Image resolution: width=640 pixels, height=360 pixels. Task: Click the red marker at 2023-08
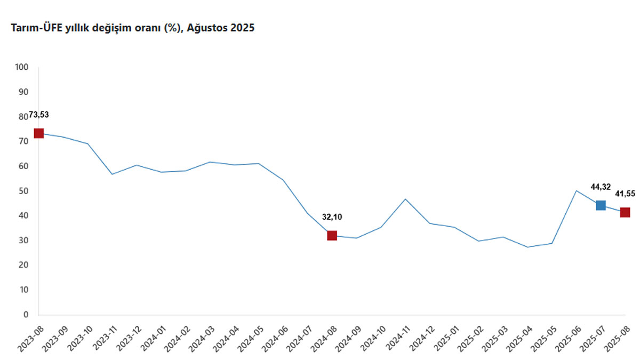[38, 133]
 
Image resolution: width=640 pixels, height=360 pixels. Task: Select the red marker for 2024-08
[332, 235]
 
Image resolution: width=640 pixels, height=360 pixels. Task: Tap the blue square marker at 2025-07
[601, 205]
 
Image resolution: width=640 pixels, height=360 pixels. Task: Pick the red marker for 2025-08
[625, 212]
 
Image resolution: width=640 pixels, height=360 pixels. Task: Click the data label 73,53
[38, 115]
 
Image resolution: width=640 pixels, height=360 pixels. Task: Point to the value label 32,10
[332, 217]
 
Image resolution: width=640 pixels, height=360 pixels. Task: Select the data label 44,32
[601, 187]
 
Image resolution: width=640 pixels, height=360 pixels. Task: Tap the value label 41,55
[625, 193]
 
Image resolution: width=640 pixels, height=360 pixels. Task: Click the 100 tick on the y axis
[22, 67]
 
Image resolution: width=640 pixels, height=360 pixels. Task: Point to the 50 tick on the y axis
[24, 191]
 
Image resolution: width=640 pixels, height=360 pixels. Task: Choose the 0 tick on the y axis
[26, 315]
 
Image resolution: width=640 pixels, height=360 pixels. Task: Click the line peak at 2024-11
[405, 199]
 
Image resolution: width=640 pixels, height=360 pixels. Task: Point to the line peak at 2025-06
[576, 190]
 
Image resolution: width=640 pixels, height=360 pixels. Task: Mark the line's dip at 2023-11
[112, 174]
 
